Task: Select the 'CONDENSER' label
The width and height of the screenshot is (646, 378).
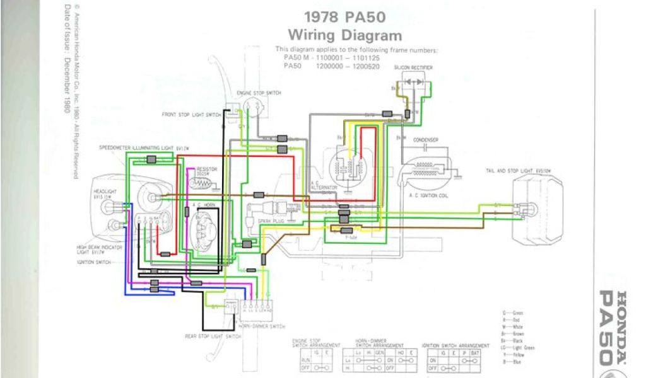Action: coord(426,139)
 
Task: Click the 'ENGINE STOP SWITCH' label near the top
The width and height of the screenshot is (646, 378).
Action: coord(259,93)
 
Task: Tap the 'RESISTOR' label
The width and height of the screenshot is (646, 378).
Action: coord(203,169)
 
